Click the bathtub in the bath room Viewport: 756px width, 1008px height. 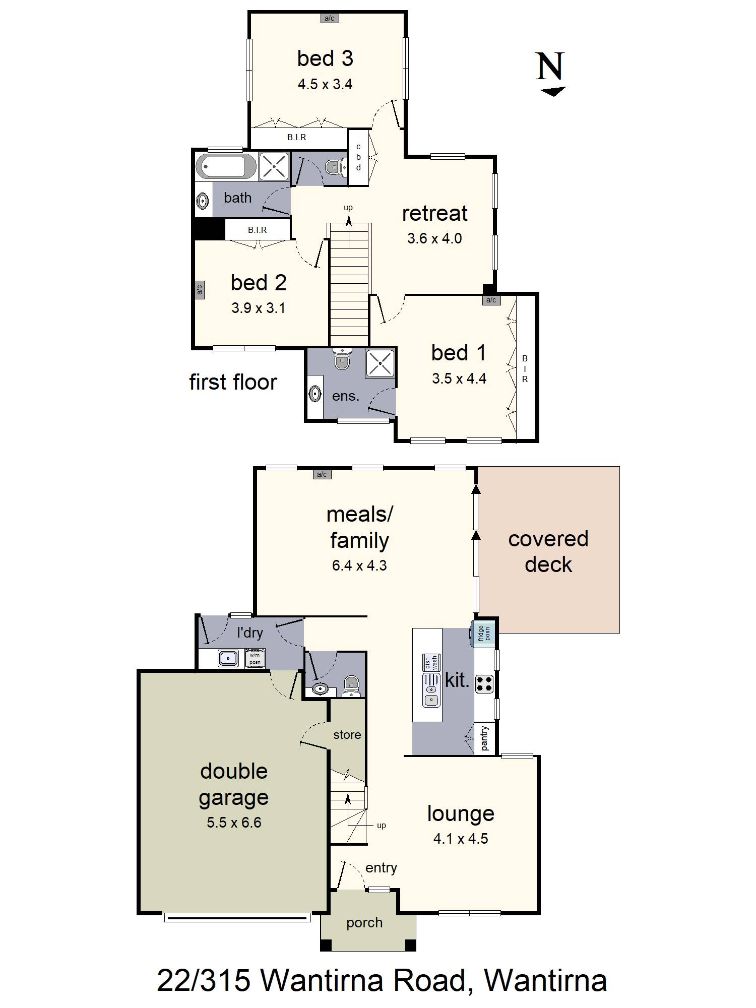pos(226,166)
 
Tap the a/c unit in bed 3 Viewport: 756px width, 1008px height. pos(329,18)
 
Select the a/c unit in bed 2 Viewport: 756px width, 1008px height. pos(199,290)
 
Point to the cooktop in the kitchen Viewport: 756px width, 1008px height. pos(485,684)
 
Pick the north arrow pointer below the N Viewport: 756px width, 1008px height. pos(553,91)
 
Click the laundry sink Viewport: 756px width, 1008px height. pos(228,658)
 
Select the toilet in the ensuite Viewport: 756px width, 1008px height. pos(342,358)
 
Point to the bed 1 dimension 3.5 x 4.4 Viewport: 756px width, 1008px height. pos(459,379)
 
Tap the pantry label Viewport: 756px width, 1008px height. pos(485,738)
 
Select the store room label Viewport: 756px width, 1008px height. pos(347,735)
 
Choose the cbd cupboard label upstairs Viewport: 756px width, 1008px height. pos(358,157)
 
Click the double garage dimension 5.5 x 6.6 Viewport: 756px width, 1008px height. pos(234,823)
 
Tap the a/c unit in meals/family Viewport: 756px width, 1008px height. pos(322,474)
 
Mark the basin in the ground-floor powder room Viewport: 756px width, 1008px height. pos(319,688)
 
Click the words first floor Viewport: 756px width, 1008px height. pos(233,382)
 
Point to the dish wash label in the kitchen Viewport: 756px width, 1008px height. pos(431,663)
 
